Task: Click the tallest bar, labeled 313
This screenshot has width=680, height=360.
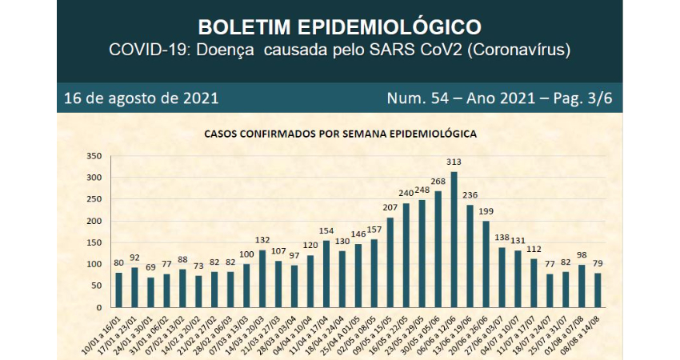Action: point(454,239)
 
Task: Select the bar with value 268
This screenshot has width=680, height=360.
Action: point(437,249)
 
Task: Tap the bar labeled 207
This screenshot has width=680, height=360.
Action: point(390,262)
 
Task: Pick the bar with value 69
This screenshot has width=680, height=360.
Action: point(150,292)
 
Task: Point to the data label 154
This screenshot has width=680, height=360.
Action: point(326,231)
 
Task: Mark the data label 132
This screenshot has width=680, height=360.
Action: point(262,240)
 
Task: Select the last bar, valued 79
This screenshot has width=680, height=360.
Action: point(596,290)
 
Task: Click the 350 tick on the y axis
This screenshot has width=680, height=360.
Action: point(94,155)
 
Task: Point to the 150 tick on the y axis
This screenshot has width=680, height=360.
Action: point(94,242)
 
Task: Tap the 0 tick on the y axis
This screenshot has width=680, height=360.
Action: point(98,307)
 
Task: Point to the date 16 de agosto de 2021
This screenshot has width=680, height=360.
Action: point(142,99)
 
